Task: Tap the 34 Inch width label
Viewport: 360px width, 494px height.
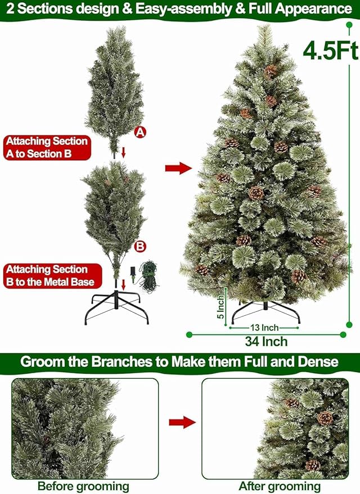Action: [266, 341]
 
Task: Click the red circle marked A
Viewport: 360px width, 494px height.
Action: [140, 132]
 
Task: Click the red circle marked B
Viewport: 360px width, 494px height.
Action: [140, 246]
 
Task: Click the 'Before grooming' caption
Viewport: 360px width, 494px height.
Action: [83, 486]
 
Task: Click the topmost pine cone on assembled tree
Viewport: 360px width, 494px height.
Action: [271, 71]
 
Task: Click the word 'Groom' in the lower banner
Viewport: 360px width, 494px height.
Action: [40, 361]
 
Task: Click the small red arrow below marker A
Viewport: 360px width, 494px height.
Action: [124, 152]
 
